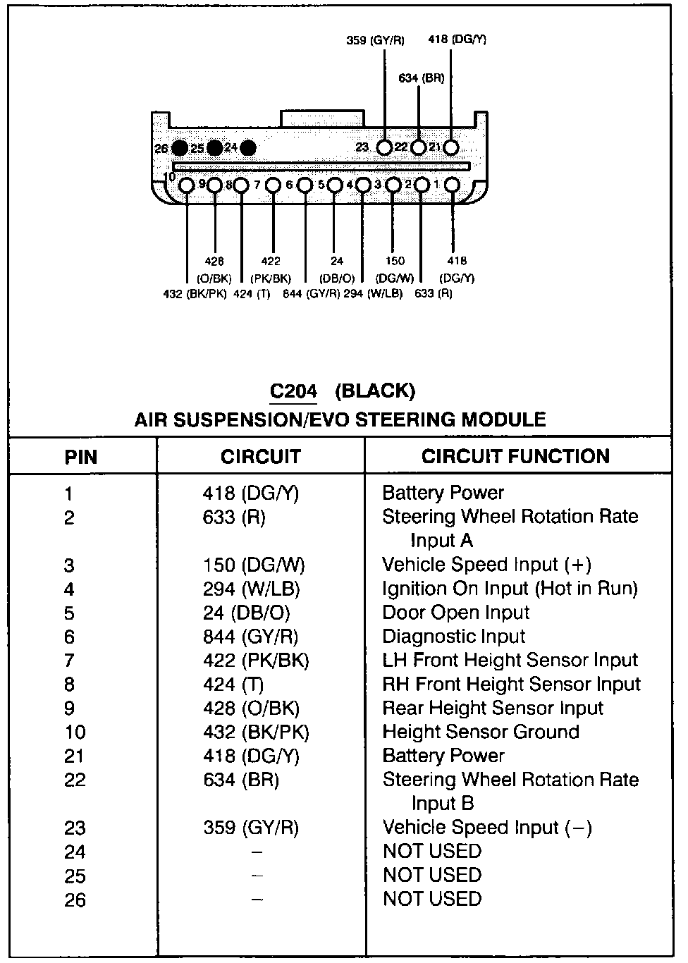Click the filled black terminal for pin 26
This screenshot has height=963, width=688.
point(180,148)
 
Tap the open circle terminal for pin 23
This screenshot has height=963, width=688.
point(384,147)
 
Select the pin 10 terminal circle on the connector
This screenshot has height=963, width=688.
point(186,185)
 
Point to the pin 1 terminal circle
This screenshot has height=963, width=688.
point(452,185)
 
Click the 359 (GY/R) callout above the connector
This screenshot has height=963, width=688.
point(376,40)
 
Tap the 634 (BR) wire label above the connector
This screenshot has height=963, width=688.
point(422,78)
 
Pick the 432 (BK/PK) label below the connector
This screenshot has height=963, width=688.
point(195,294)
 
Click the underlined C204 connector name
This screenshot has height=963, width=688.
point(294,391)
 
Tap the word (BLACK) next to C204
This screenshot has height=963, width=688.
point(375,391)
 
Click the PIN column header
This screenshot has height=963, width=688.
point(81,457)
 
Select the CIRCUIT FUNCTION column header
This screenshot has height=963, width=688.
point(515,456)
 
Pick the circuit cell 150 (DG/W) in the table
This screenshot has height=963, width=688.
point(254,565)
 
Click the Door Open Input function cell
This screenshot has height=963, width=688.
point(455,613)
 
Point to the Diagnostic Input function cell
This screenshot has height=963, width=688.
point(453,637)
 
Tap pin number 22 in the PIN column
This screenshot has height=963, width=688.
point(74,780)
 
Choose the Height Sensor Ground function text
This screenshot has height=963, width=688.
point(481,732)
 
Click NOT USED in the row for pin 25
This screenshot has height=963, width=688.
point(432,876)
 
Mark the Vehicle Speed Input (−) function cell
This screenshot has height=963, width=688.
point(487,828)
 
